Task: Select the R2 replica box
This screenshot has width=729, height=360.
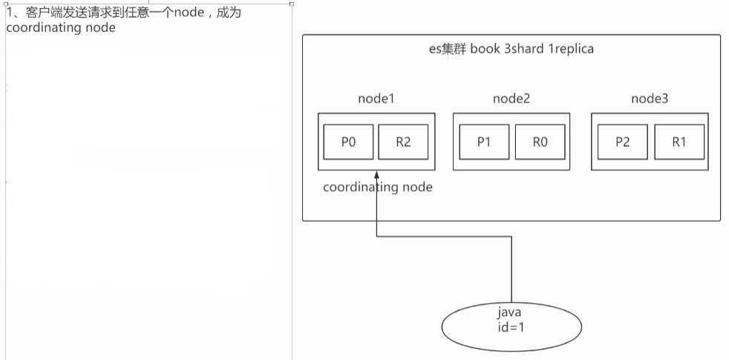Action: [x=403, y=143]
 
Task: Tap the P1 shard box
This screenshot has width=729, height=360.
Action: [x=484, y=143]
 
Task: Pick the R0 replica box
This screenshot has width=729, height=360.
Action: [x=539, y=143]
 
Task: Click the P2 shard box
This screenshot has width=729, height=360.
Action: [x=622, y=143]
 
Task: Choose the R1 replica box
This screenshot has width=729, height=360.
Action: [x=679, y=143]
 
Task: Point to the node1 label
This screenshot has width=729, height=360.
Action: [x=376, y=99]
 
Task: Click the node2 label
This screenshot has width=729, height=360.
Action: [x=511, y=99]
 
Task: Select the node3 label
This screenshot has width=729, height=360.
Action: [x=650, y=99]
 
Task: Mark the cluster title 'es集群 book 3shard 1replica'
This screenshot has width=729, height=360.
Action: [x=511, y=50]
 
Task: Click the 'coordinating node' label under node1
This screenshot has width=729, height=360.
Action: [x=377, y=188]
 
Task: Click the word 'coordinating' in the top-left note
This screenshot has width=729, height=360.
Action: [x=38, y=27]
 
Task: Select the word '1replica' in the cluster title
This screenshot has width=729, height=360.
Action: [x=569, y=50]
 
